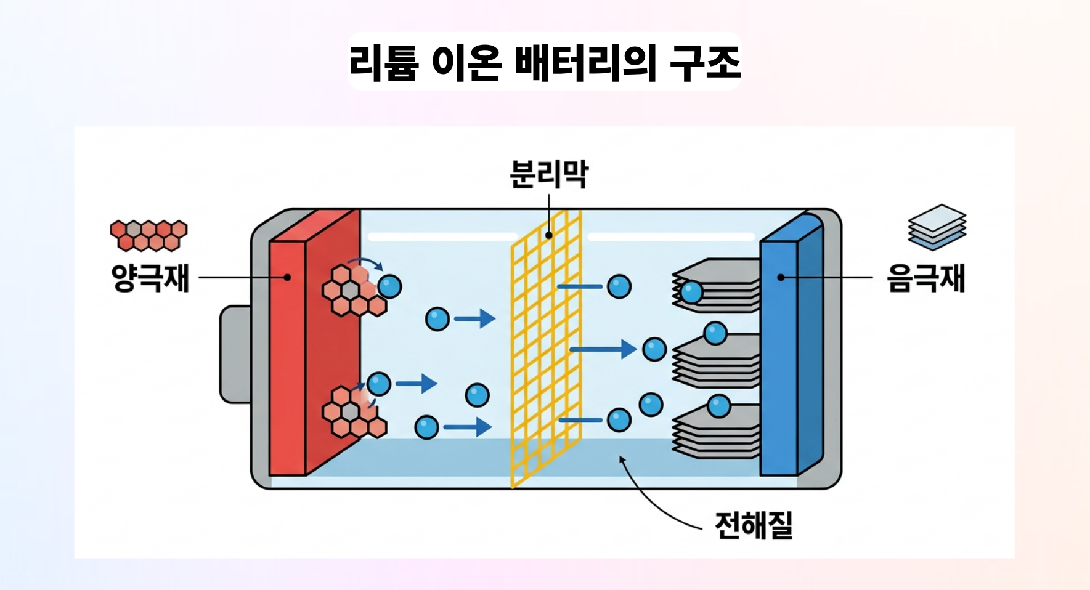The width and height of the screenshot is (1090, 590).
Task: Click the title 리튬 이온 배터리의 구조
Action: click(545, 62)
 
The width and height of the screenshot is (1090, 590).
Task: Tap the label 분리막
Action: click(549, 174)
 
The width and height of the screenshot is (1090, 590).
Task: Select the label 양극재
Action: click(150, 278)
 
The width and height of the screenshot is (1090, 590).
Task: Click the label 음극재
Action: click(925, 278)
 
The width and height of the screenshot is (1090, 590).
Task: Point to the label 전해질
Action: click(754, 525)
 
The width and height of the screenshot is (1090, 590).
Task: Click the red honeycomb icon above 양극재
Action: click(148, 235)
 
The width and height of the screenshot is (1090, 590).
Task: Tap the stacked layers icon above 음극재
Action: click(937, 227)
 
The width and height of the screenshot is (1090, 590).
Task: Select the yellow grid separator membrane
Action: click(547, 349)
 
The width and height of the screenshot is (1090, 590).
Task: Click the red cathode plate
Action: click(314, 342)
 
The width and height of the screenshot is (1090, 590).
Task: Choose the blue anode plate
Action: click(792, 346)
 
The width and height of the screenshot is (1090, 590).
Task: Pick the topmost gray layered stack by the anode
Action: click(716, 286)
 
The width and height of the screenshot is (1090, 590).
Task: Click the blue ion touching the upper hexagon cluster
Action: click(389, 286)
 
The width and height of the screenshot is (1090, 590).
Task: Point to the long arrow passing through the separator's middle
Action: click(603, 349)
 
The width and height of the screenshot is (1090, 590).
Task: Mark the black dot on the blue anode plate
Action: click(781, 278)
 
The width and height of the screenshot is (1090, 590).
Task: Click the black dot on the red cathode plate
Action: click(287, 278)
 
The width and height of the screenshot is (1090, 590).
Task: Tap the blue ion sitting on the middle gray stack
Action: click(715, 334)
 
